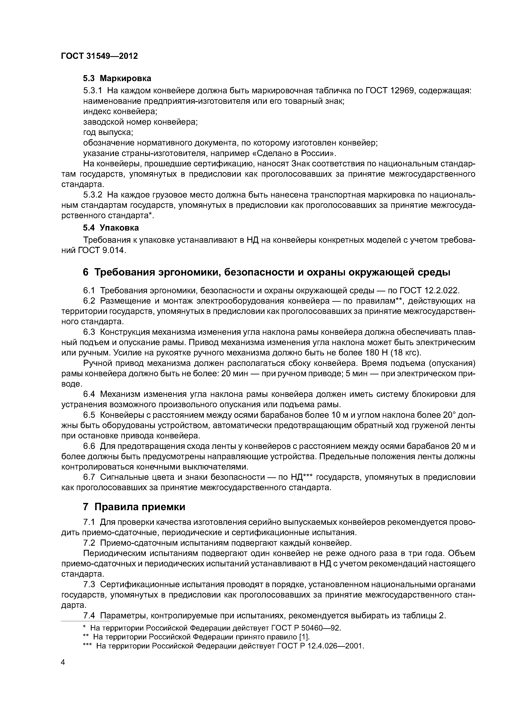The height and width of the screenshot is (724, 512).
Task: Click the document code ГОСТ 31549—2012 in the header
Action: (99, 56)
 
